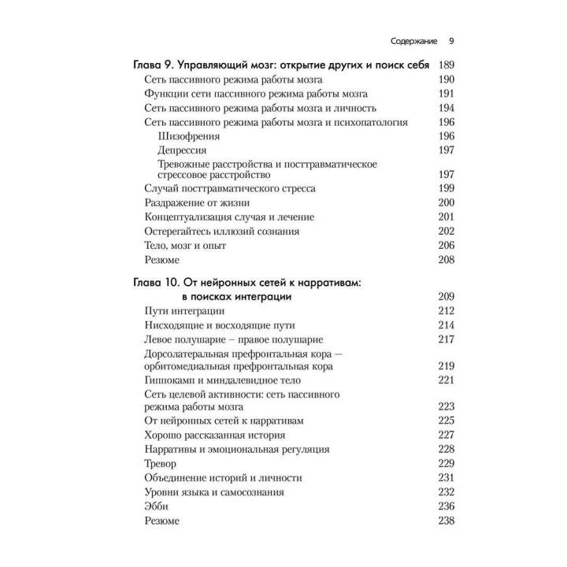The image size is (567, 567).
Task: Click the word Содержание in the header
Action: pos(407,42)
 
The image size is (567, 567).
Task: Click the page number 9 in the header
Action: pos(450,42)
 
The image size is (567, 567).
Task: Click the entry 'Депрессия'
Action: pos(183,150)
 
